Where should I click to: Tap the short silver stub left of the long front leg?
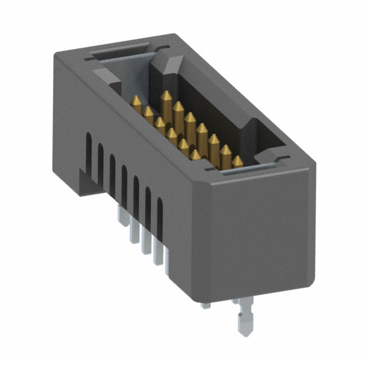pyautogui.click(x=205, y=304)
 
